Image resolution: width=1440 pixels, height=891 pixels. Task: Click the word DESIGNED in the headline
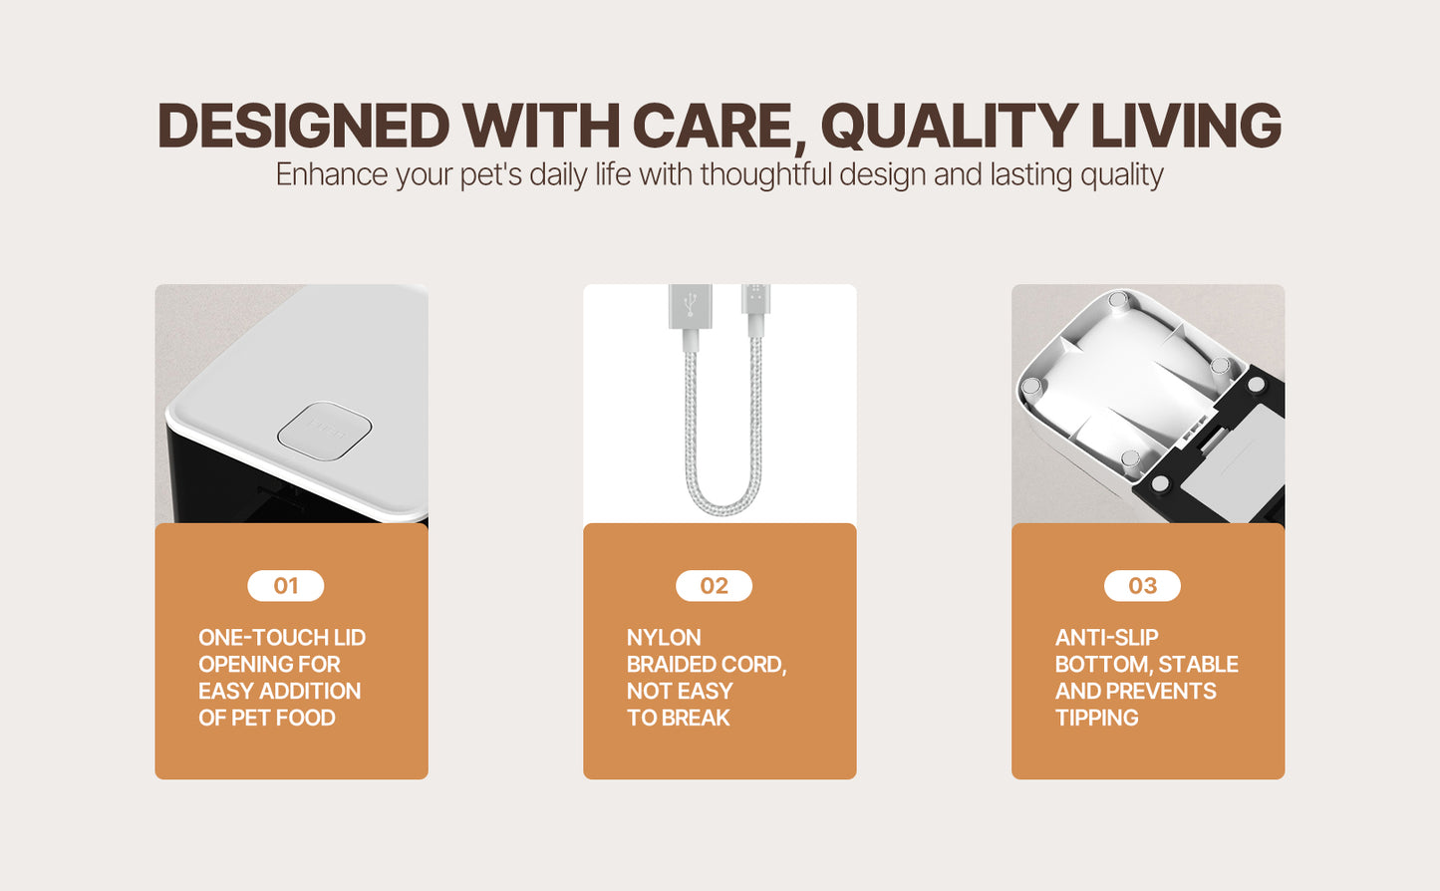[303, 126]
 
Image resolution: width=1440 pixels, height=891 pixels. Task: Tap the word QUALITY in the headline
[950, 126]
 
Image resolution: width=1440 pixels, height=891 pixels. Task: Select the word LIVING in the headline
[1186, 126]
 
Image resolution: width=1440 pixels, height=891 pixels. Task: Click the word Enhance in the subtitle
[332, 174]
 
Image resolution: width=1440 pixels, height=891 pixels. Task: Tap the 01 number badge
[285, 586]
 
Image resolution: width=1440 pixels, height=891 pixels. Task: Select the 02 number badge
[714, 586]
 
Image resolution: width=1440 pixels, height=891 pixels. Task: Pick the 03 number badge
[1142, 586]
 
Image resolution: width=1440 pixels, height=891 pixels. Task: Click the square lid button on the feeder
[325, 431]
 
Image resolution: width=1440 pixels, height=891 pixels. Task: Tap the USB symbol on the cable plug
[691, 304]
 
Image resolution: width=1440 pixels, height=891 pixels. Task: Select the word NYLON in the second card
[664, 638]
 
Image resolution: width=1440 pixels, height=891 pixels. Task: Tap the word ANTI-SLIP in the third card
[1106, 638]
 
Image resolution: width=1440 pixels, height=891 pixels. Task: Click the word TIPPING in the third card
[1097, 718]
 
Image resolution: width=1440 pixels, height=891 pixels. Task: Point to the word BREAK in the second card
[698, 718]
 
